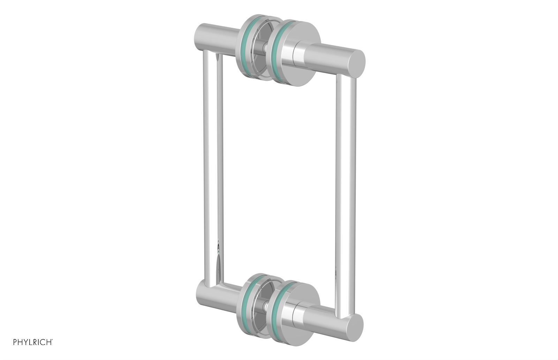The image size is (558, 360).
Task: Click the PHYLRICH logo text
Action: coord(33,342)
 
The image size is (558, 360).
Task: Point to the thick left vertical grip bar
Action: coord(209,167)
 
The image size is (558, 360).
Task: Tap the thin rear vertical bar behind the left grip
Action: coord(220,167)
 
